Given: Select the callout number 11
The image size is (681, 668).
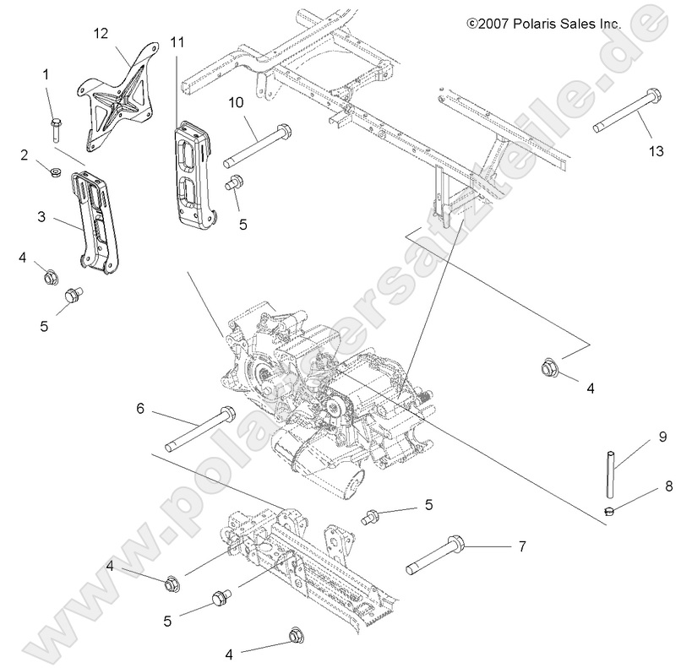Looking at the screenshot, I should (177, 41).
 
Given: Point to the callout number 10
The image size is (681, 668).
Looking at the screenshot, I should (236, 102).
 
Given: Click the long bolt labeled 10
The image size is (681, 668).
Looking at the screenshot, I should (257, 146).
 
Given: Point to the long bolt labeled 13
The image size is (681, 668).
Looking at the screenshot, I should (629, 110).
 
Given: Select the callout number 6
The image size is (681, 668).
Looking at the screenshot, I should (140, 409).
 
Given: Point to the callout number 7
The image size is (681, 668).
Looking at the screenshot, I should (521, 546).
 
